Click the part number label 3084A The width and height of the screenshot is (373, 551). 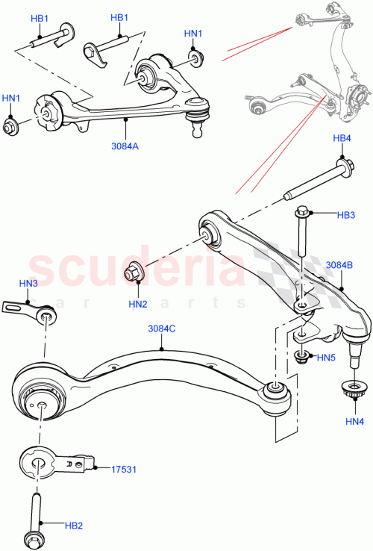tap(125, 146)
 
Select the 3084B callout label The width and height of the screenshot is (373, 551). tap(340, 265)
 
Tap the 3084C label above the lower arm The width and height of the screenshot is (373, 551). tap(161, 328)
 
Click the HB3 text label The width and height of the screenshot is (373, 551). tap(345, 216)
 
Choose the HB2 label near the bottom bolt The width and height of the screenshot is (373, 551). tap(73, 526)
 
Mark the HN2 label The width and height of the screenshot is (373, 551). tap(137, 304)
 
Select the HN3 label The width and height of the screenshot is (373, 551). tap(28, 283)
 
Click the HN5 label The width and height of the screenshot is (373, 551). tap(326, 358)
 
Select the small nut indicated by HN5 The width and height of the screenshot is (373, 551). tap(302, 355)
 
